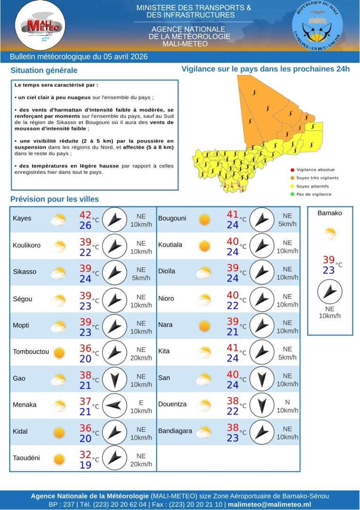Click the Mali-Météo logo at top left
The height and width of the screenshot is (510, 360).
[40, 26]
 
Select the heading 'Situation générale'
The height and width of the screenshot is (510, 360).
[44, 70]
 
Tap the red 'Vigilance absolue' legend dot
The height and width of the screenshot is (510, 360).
[293, 170]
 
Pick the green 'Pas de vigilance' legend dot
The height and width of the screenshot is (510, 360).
[293, 194]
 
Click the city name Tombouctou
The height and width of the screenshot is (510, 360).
[31, 352]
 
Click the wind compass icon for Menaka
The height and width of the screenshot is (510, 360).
[115, 405]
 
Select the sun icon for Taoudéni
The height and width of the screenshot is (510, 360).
[59, 459]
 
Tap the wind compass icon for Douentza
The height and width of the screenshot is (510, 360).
[261, 405]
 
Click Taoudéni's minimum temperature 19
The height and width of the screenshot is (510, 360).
[85, 465]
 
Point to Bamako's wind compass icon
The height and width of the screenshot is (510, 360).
[329, 291]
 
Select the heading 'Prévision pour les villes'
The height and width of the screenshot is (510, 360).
[54, 199]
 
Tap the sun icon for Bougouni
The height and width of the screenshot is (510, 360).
[204, 219]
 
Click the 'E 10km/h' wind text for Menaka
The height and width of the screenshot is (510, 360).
[141, 407]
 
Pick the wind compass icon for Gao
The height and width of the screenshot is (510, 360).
[115, 379]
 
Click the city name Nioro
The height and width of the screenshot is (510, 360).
[166, 298]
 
